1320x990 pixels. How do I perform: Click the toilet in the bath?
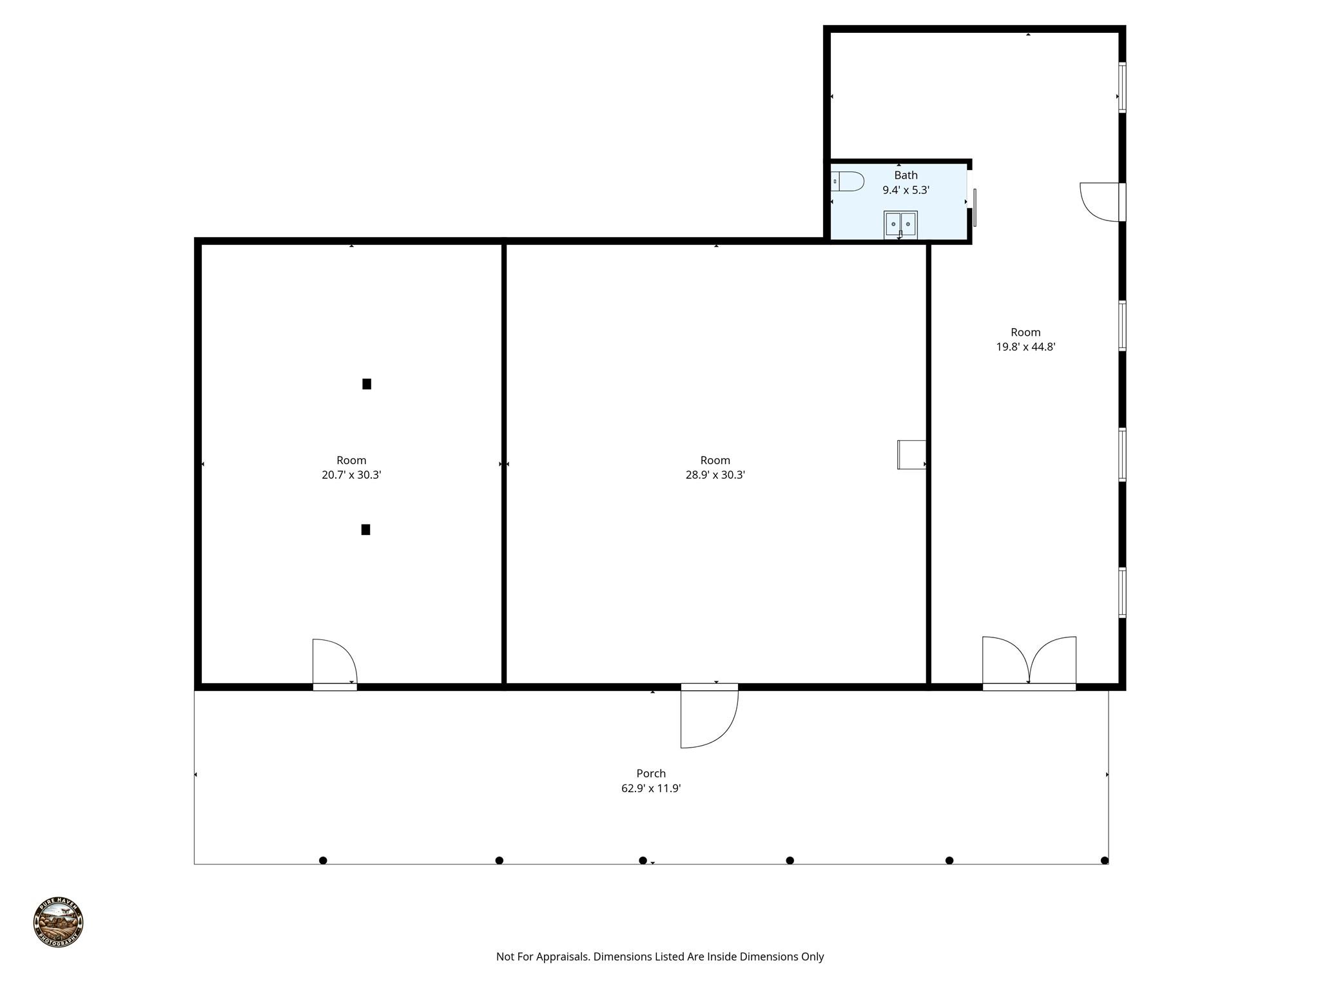[848, 181]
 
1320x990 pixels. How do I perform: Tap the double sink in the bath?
[900, 224]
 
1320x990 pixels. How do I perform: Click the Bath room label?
[906, 175]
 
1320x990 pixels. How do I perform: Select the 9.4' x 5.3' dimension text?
[906, 190]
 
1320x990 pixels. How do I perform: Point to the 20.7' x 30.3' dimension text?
[351, 475]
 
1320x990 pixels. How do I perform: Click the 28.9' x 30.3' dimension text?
[715, 475]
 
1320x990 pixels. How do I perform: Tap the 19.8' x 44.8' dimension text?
[1025, 347]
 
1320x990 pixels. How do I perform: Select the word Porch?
[651, 773]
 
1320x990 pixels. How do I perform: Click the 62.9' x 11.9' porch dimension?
[651, 788]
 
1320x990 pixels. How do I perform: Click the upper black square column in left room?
[367, 384]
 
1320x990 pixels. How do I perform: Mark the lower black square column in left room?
[365, 530]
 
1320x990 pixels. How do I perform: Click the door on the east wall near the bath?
[1102, 202]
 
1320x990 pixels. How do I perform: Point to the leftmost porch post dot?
[323, 860]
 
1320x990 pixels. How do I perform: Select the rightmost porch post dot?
[1104, 860]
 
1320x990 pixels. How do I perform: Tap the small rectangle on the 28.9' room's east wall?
[911, 454]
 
